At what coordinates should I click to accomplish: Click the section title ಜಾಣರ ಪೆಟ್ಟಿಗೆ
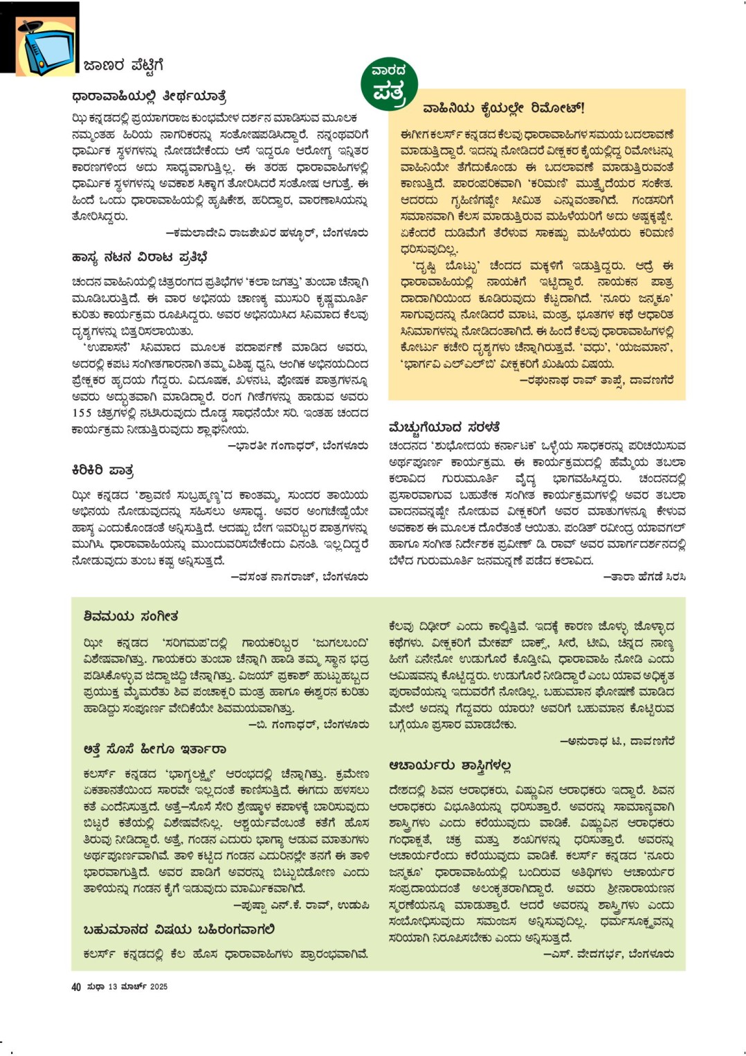[123, 66]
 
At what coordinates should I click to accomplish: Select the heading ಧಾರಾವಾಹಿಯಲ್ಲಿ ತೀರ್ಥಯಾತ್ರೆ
[149, 96]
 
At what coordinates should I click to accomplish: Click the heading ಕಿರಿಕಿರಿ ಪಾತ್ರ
[102, 470]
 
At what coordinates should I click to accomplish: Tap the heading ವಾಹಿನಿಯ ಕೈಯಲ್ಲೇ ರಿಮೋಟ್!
[504, 108]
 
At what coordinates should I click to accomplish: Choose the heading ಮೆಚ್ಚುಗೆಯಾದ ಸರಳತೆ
[444, 427]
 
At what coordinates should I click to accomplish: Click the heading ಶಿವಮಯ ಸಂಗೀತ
[131, 616]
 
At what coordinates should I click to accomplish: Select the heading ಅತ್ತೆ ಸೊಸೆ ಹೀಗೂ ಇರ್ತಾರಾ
[154, 749]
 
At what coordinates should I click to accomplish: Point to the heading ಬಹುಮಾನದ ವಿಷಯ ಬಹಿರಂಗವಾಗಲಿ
[179, 929]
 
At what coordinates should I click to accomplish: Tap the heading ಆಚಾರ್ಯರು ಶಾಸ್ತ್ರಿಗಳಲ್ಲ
[450, 765]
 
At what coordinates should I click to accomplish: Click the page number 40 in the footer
[76, 987]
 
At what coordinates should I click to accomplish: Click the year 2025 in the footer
[158, 987]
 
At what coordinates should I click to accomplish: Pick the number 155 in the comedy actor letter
[82, 413]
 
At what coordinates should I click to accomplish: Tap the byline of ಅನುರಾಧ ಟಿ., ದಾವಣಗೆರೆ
[617, 742]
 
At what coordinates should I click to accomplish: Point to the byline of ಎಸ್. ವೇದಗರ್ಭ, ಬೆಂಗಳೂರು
[608, 954]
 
